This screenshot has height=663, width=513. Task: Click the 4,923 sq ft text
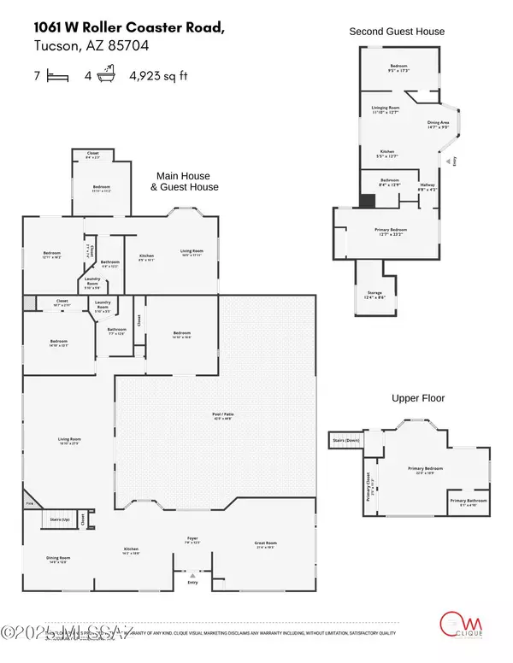tap(157, 76)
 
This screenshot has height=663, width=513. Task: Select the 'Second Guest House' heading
tap(397, 32)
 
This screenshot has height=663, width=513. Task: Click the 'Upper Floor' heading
tap(417, 398)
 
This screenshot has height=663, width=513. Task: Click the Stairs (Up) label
tap(59, 519)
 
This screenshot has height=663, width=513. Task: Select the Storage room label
tap(374, 296)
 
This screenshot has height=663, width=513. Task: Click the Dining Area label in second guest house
tap(439, 125)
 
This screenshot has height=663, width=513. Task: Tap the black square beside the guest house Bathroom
tap(366, 202)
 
